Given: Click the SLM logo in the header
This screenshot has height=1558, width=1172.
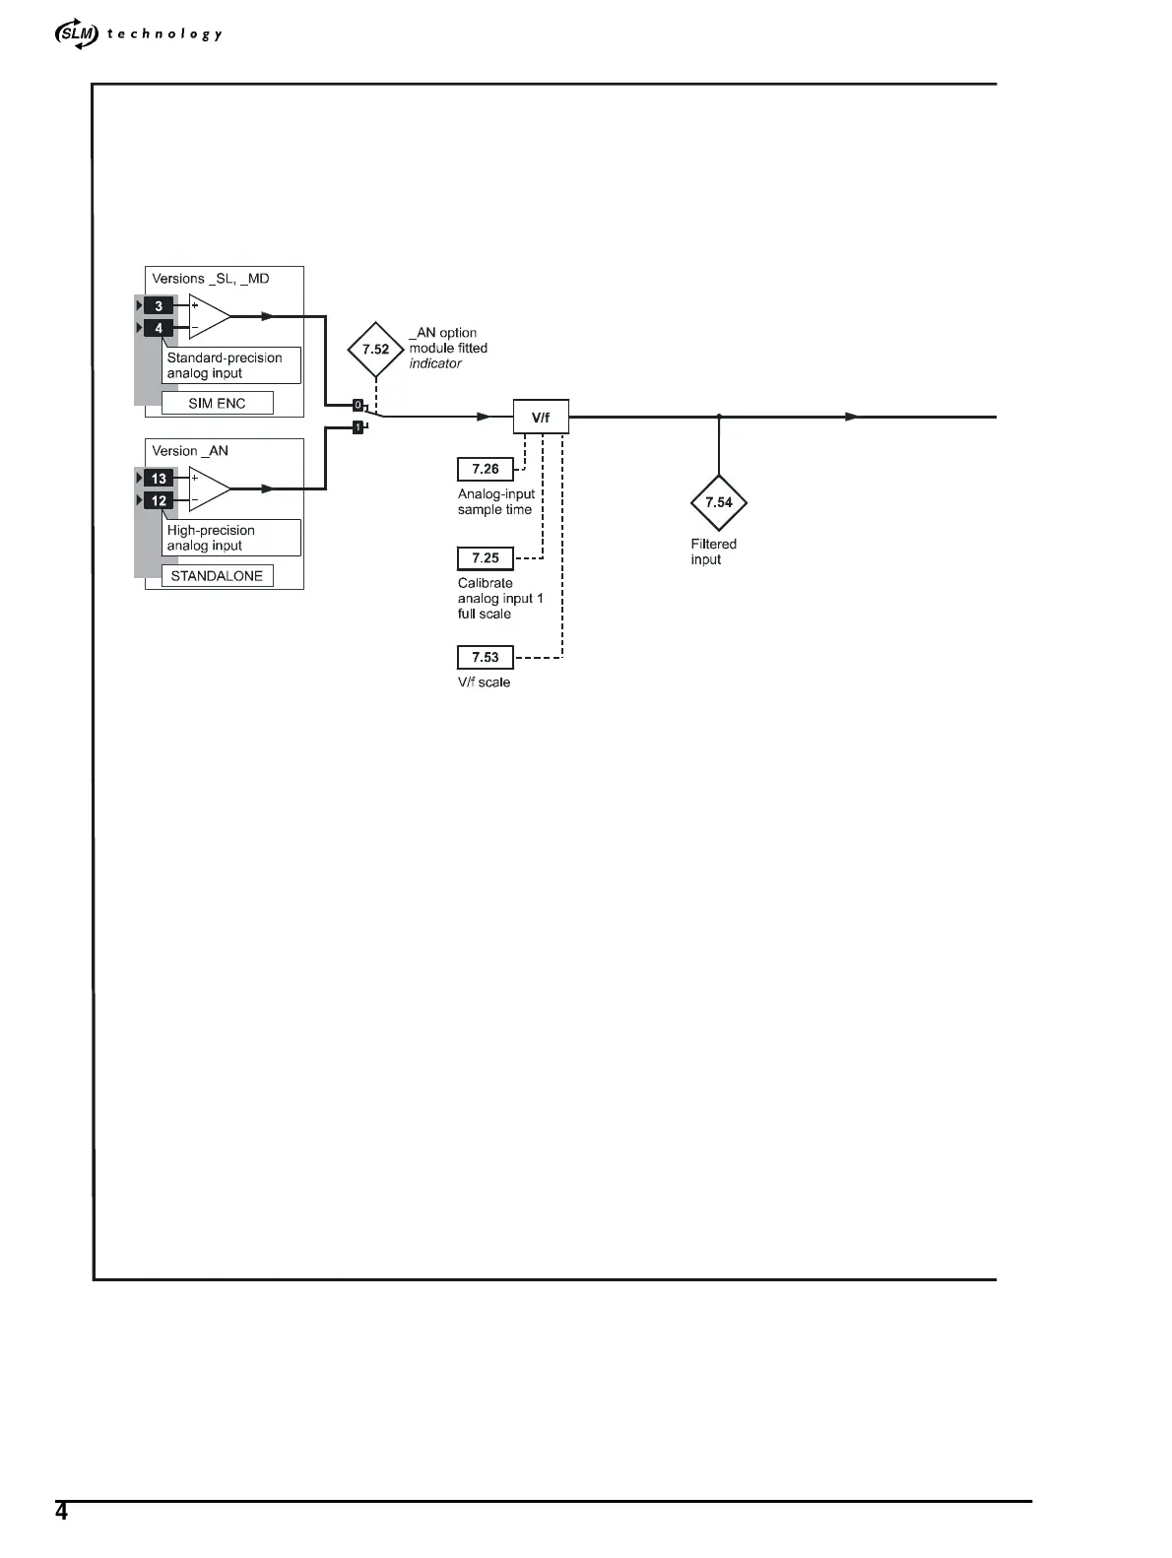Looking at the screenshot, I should (x=77, y=34).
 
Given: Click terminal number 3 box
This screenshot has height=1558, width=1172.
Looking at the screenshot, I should (x=159, y=305).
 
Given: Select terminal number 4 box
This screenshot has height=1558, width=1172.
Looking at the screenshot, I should (x=159, y=328).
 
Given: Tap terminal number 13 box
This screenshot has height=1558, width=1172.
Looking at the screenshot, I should (x=159, y=479).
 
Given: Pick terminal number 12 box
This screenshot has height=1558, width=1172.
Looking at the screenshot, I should (x=159, y=500).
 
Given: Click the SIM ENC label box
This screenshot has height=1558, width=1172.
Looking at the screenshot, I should (x=217, y=403).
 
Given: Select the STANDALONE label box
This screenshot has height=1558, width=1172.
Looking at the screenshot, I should (x=217, y=576).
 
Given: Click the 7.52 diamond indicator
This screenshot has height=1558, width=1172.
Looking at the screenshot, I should (x=375, y=350).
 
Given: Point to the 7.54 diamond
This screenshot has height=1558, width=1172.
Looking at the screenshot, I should (x=719, y=502).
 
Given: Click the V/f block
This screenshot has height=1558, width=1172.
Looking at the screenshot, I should (x=541, y=418).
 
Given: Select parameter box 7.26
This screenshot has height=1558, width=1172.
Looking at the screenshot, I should (x=486, y=469).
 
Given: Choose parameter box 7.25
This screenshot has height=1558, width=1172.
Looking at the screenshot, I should (x=486, y=558).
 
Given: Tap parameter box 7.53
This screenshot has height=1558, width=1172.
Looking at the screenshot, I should (x=486, y=657).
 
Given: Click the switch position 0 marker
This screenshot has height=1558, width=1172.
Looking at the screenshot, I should (x=358, y=405).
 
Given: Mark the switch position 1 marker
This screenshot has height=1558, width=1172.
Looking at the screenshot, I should (x=358, y=427).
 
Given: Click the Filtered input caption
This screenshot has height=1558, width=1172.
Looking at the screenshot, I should (x=713, y=552).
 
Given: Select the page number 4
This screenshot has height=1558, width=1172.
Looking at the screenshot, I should (x=61, y=1512).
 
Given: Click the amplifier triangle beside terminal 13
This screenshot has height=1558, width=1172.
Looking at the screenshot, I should (x=208, y=488).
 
